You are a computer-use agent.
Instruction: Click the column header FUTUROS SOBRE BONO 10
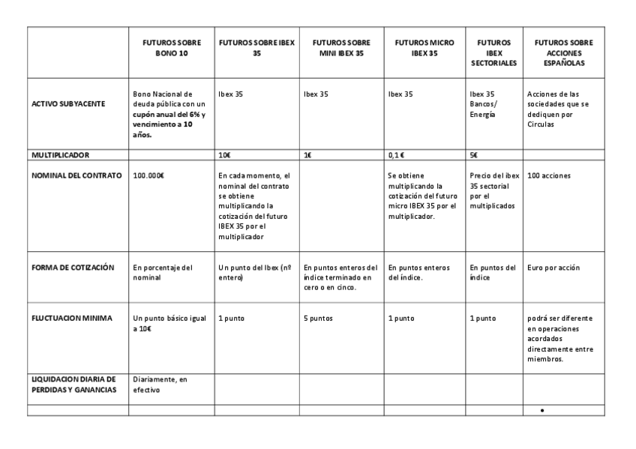click(x=172, y=49)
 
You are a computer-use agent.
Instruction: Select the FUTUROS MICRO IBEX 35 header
click(x=424, y=49)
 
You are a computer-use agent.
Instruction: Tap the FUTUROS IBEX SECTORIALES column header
click(x=493, y=53)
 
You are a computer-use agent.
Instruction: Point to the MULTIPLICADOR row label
click(x=60, y=155)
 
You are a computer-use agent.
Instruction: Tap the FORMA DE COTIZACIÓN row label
click(x=72, y=268)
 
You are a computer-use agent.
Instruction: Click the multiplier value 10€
click(x=224, y=155)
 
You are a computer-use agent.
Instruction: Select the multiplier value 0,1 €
click(x=397, y=155)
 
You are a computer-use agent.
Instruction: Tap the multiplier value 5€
click(x=474, y=155)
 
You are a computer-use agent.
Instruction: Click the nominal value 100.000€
click(x=148, y=175)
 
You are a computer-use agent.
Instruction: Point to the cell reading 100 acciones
click(x=549, y=175)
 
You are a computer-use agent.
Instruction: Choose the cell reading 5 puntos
click(x=319, y=318)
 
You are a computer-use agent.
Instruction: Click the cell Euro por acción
click(x=553, y=268)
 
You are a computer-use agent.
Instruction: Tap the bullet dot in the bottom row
click(x=542, y=411)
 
